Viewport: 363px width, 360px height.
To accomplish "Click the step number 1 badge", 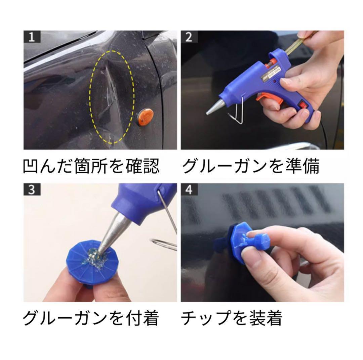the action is (32, 37).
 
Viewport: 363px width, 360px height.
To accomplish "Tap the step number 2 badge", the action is (189, 37).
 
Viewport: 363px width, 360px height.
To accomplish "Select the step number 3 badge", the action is (32, 189).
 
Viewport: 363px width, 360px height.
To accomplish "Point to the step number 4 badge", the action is (189, 189).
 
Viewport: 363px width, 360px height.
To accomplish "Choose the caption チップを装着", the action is (232, 318).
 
